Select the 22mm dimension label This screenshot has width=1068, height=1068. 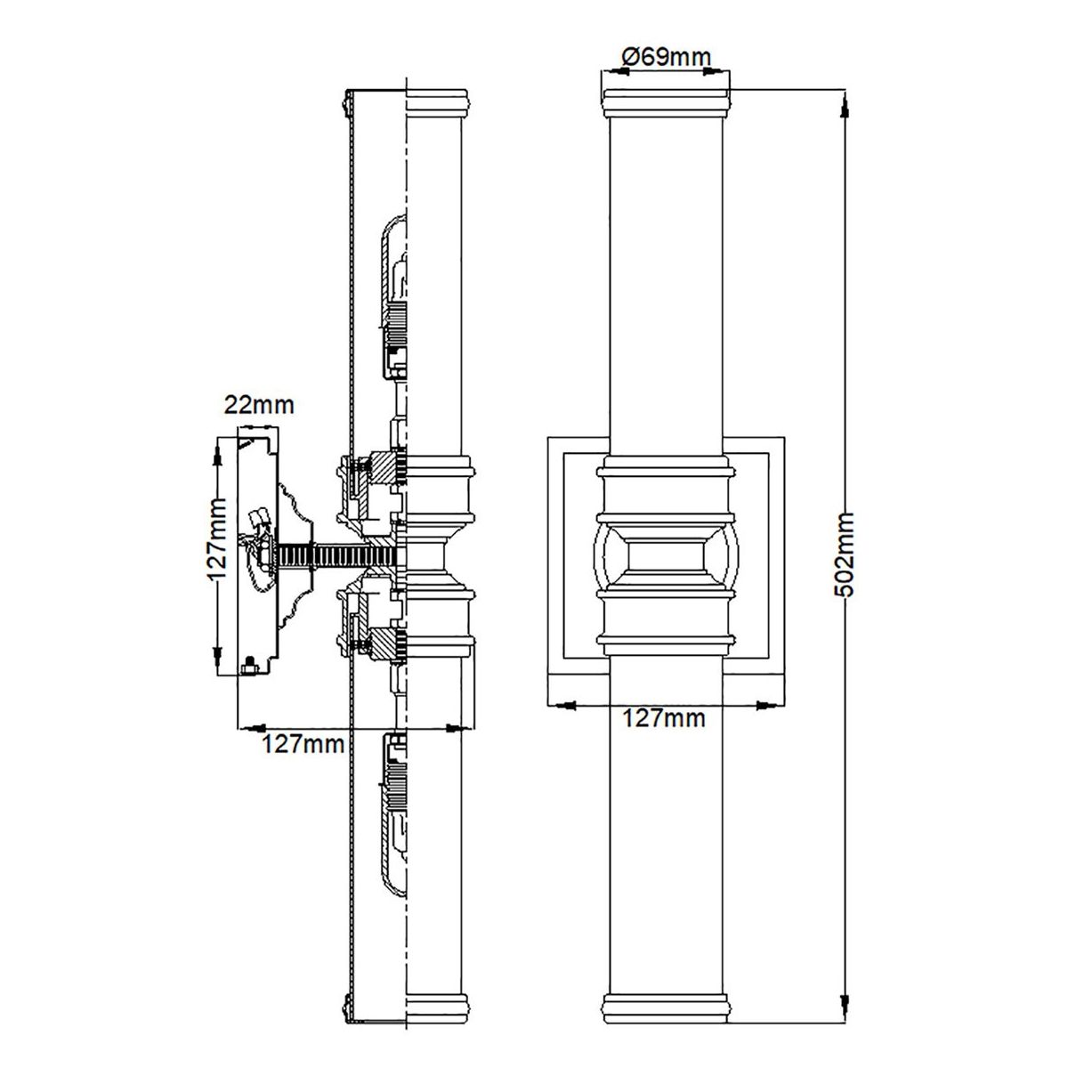[259, 405]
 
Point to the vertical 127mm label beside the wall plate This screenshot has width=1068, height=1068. [218, 538]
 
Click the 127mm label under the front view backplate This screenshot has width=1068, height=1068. [665, 718]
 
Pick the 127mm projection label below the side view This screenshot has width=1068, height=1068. [303, 744]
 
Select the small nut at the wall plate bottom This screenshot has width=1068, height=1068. [250, 665]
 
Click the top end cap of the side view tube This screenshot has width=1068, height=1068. [438, 102]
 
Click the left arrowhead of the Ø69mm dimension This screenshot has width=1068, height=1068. [616, 71]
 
